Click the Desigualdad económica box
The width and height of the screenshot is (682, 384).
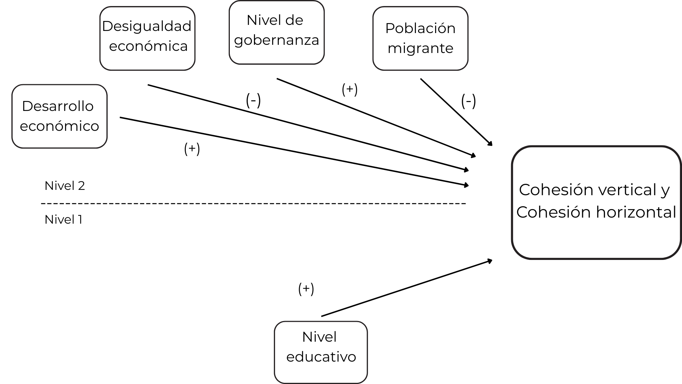click(147, 38)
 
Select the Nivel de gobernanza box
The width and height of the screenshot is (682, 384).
click(276, 32)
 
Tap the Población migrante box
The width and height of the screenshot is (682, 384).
click(420, 38)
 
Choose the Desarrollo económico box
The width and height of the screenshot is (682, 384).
click(59, 116)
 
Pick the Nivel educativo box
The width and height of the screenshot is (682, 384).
click(321, 352)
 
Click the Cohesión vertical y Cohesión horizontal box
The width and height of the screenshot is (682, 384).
click(596, 202)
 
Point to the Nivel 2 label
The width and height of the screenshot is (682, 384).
click(65, 186)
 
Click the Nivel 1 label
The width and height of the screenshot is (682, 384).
click(64, 219)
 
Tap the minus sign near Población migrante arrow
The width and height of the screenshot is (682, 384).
click(468, 101)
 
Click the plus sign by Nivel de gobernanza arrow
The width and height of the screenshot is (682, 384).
click(350, 89)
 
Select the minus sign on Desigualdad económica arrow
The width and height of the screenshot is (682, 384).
click(253, 100)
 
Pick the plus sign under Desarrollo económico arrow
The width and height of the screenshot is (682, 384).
click(192, 149)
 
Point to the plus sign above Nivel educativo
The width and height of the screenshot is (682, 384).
click(306, 289)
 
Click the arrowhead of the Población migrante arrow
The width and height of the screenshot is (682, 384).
click(491, 144)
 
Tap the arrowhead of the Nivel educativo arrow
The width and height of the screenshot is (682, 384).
click(490, 261)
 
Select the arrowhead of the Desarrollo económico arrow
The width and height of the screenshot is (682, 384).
click(466, 185)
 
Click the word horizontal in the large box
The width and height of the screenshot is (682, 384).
click(636, 212)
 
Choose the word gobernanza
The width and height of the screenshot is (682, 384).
click(276, 40)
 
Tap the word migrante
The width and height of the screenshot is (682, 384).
click(420, 48)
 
